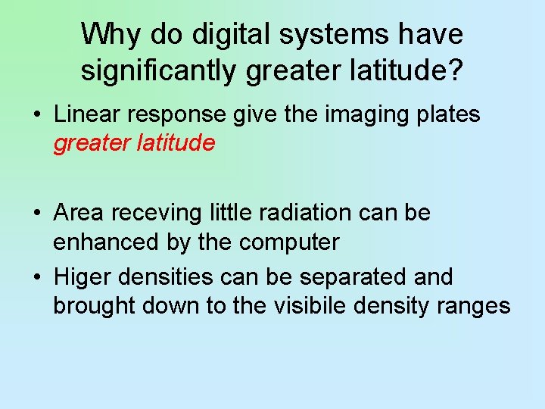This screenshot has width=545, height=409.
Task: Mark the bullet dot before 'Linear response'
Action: (36, 115)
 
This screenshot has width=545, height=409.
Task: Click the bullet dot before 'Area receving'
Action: (36, 214)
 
